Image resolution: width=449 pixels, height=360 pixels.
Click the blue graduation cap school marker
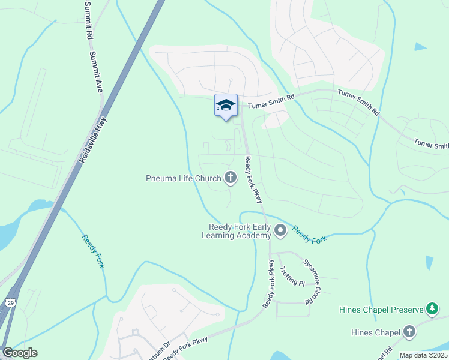pyautogui.click(x=226, y=106)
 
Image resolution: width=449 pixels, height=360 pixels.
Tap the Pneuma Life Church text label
pyautogui.click(x=184, y=178)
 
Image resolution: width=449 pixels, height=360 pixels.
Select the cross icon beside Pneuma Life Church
pyautogui.click(x=230, y=177)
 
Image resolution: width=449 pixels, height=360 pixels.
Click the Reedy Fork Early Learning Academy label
pyautogui.click(x=240, y=231)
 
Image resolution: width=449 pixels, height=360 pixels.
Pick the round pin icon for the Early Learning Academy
pyautogui.click(x=280, y=230)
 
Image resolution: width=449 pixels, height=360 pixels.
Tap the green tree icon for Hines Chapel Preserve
pyautogui.click(x=432, y=309)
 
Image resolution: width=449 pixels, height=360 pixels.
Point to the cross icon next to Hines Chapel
pyautogui.click(x=409, y=331)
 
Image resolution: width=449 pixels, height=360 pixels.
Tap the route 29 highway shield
pyautogui.click(x=10, y=303)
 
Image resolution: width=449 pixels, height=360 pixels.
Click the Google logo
pyautogui.click(x=20, y=353)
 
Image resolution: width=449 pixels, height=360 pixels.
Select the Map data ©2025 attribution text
pyautogui.click(x=424, y=355)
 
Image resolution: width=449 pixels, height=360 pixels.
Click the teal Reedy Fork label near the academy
pyautogui.click(x=310, y=234)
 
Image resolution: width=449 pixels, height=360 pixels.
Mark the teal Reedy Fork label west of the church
pyautogui.click(x=93, y=250)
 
